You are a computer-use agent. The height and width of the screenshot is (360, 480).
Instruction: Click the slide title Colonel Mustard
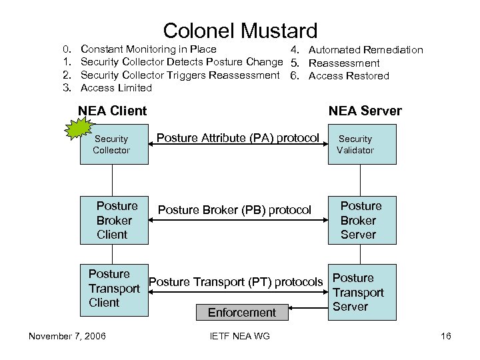(x=240, y=30)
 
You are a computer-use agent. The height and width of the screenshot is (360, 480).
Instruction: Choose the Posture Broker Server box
(x=361, y=220)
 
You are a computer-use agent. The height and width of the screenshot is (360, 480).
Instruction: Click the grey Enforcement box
(x=241, y=312)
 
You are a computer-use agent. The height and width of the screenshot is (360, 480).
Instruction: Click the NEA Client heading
(x=112, y=111)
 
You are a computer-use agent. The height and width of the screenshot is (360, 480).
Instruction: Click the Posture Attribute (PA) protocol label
(x=237, y=138)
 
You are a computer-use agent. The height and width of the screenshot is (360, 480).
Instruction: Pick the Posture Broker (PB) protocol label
(x=234, y=210)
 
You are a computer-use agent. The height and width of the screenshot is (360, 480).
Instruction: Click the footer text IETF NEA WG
(x=239, y=336)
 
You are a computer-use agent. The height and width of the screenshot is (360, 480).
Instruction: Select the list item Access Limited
(x=116, y=88)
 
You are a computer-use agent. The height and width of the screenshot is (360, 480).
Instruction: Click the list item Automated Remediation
(x=366, y=50)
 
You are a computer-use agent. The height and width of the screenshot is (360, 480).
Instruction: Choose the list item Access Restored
(x=349, y=75)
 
